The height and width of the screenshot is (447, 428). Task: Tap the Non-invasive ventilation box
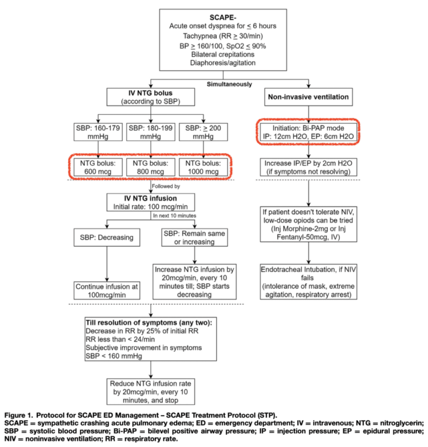coord(308,97)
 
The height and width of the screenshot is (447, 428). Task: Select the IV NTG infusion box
coord(152,202)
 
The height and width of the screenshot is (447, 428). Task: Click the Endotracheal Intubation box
coord(308,282)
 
